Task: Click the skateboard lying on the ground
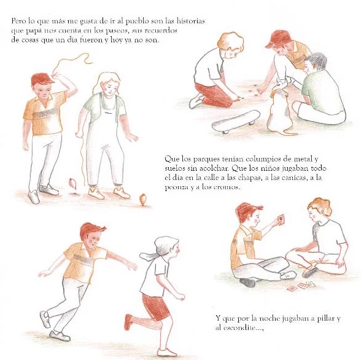[235, 122]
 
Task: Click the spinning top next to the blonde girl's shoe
[142, 199]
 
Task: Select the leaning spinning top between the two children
[72, 183]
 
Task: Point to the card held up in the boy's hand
[281, 219]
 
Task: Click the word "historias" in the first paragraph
[191, 21]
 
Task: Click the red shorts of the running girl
[155, 307]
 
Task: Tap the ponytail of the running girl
[148, 256]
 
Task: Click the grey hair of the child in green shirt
[316, 60]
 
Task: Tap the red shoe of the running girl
[129, 322]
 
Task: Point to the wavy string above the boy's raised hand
[72, 62]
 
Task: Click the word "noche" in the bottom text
[269, 318]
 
